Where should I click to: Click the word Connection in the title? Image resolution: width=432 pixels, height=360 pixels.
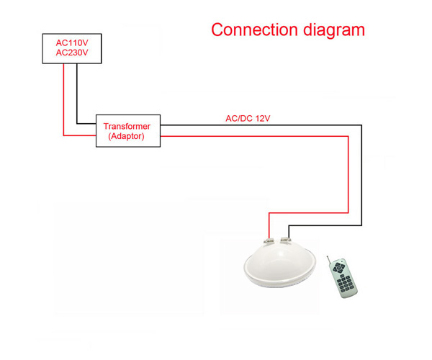click(x=254, y=30)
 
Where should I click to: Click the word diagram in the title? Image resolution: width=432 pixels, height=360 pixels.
click(x=334, y=31)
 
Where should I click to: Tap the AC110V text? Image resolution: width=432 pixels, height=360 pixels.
click(x=72, y=43)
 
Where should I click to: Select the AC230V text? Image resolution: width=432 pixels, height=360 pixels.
click(x=72, y=53)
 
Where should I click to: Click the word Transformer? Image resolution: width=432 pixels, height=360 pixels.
click(x=127, y=127)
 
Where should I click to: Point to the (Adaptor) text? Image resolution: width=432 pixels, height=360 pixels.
click(x=127, y=136)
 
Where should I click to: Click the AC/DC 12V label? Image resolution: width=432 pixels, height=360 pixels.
click(x=248, y=118)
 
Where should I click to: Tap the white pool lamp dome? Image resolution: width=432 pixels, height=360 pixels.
click(x=280, y=265)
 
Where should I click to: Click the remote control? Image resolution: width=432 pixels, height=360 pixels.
click(x=342, y=277)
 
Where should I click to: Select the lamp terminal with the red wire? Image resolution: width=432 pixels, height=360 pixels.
click(x=269, y=241)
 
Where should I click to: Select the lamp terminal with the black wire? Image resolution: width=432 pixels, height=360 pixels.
click(x=285, y=240)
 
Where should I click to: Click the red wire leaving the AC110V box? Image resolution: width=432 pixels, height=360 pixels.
click(x=63, y=99)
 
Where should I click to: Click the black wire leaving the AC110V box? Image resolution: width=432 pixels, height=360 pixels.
click(x=77, y=94)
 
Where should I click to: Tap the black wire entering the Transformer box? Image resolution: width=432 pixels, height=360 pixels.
click(x=86, y=123)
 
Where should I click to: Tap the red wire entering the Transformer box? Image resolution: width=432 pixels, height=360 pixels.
click(x=80, y=135)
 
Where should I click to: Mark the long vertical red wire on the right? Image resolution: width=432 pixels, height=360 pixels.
click(x=348, y=174)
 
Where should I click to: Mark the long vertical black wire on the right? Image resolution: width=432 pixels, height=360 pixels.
click(x=361, y=176)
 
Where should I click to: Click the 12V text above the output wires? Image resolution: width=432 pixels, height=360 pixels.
click(x=263, y=118)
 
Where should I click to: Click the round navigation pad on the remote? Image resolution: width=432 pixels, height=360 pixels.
click(x=338, y=267)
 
